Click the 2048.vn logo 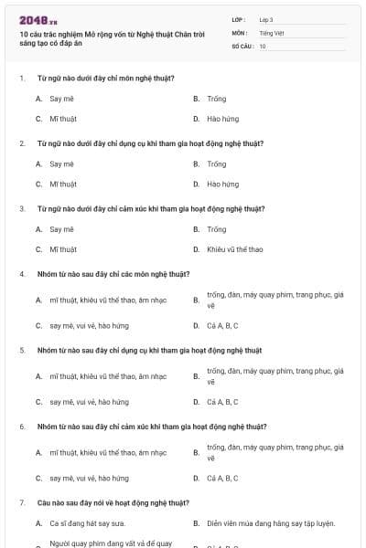38,20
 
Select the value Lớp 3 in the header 266,19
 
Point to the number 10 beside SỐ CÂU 263,46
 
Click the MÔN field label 239,33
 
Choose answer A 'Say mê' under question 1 61,98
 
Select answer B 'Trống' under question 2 216,163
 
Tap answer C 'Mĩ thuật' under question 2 63,184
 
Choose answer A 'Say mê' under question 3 61,229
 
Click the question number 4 22,273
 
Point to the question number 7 22,502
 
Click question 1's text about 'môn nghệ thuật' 106,78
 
